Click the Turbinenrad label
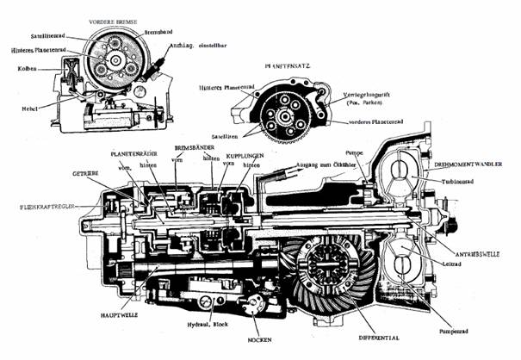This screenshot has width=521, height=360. [x=469, y=182]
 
